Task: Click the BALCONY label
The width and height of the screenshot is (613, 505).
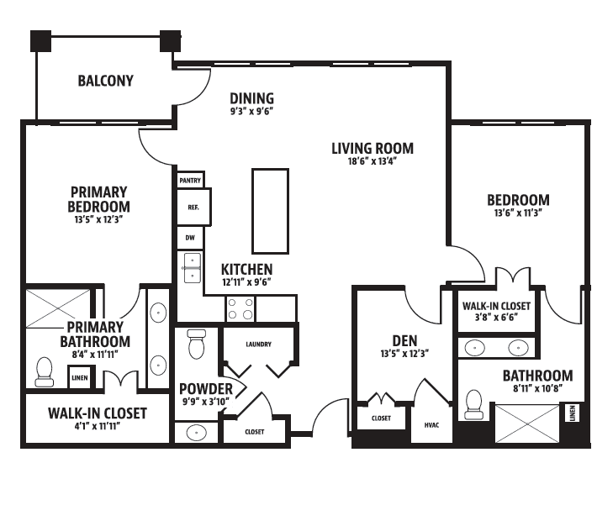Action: coord(106,81)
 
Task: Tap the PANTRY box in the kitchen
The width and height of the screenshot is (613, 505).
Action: coord(190,180)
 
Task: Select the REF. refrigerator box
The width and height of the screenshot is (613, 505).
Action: coord(193,207)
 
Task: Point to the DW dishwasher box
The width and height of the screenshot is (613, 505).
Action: coord(190,238)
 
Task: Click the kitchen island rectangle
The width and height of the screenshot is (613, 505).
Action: coord(270,211)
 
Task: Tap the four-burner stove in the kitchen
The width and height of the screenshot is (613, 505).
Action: coord(240,308)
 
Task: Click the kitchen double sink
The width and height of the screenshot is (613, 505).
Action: coord(192,268)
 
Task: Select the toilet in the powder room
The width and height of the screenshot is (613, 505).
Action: coord(196,344)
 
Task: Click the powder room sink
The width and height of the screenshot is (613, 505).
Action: coord(196,433)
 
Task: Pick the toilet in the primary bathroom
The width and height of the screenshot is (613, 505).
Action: coord(45,372)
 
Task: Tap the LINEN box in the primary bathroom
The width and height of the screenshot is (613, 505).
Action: coord(80,377)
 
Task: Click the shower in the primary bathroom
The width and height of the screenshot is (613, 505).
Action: coord(58,308)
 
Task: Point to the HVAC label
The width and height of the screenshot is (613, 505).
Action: coord(431,425)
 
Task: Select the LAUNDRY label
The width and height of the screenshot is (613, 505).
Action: coord(258,344)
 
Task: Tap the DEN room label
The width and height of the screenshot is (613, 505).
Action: coord(404,341)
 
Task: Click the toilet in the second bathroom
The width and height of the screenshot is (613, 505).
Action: coord(474,404)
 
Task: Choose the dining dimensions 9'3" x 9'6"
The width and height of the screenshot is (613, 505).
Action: coord(251,111)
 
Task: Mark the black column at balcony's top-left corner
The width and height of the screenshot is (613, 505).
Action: coord(40,41)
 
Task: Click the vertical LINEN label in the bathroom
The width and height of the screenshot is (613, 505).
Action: coord(573,413)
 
